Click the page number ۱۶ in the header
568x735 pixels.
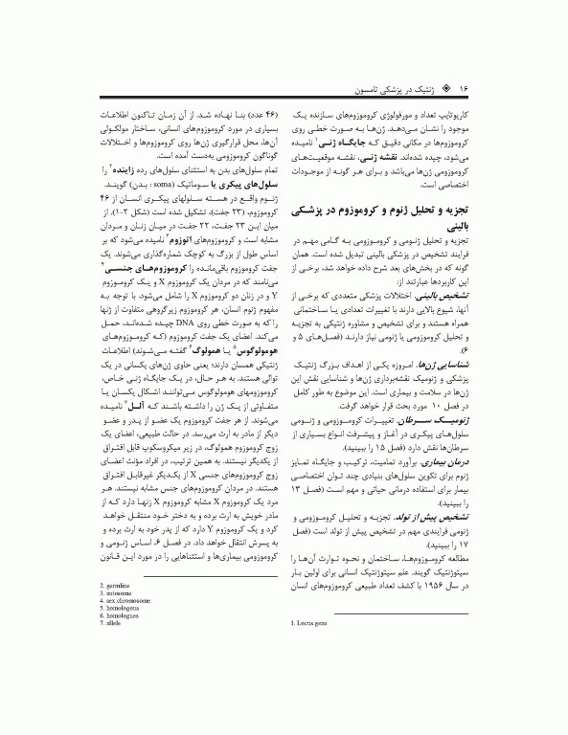(x=461, y=86)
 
